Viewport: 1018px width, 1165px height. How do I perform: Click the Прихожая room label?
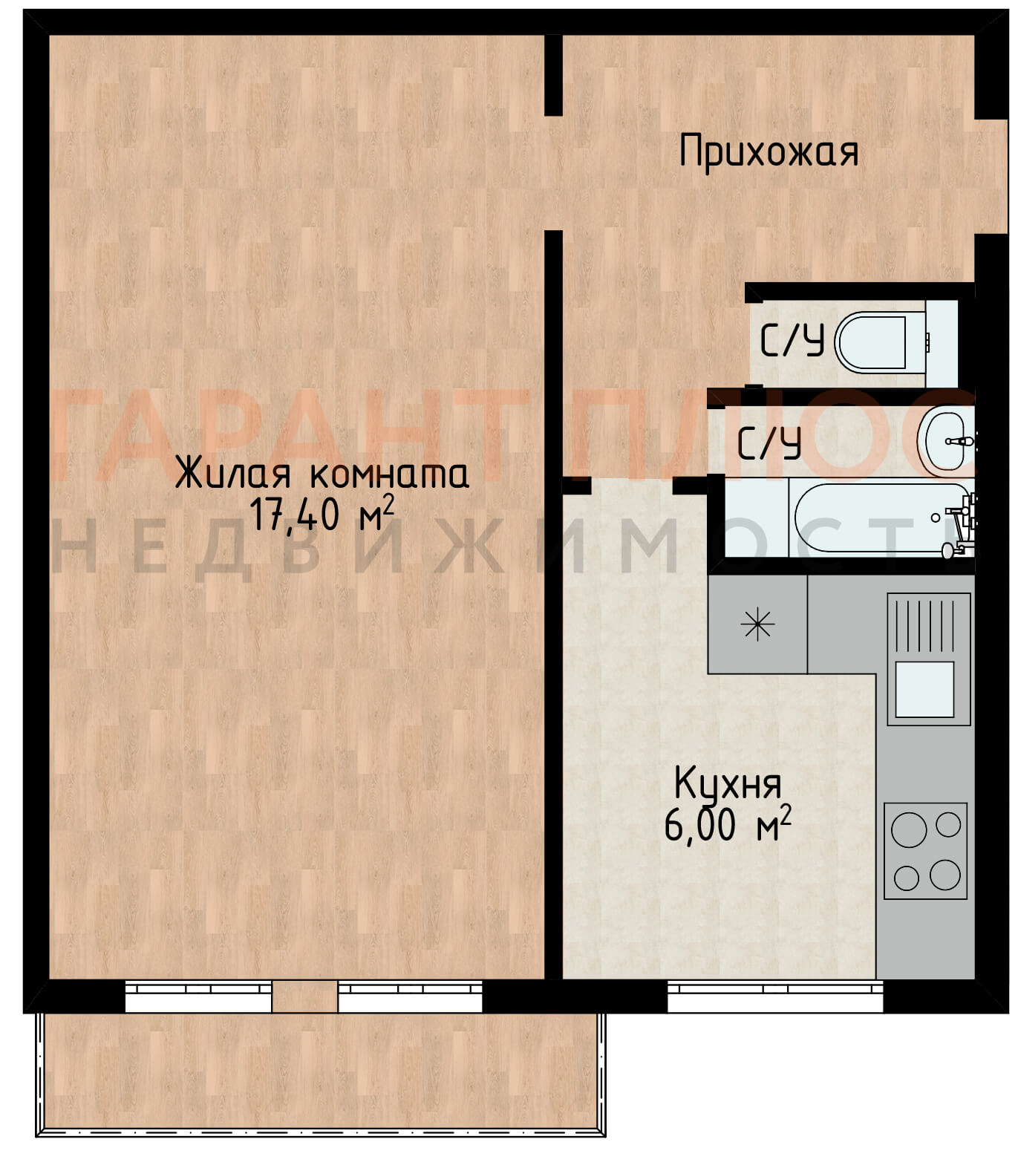[769, 151]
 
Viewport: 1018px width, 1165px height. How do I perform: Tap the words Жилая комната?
[322, 473]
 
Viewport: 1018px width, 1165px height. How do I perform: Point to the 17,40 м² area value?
[322, 514]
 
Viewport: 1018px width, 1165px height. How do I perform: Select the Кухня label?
[728, 784]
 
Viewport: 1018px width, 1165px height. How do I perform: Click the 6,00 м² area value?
[728, 824]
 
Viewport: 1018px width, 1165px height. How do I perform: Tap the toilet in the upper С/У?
[881, 342]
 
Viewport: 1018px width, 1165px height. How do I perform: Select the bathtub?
[883, 518]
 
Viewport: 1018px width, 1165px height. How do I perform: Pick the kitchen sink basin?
[924, 689]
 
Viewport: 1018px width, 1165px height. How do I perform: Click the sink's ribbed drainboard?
[926, 625]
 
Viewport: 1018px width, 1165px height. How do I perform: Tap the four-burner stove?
[925, 851]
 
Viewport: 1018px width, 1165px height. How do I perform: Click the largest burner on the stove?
[909, 829]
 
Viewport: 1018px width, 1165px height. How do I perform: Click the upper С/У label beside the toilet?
[792, 342]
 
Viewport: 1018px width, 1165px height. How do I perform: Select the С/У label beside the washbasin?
[769, 443]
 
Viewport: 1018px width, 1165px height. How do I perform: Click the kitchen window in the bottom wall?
[775, 996]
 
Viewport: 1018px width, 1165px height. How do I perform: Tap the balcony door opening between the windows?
[304, 996]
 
